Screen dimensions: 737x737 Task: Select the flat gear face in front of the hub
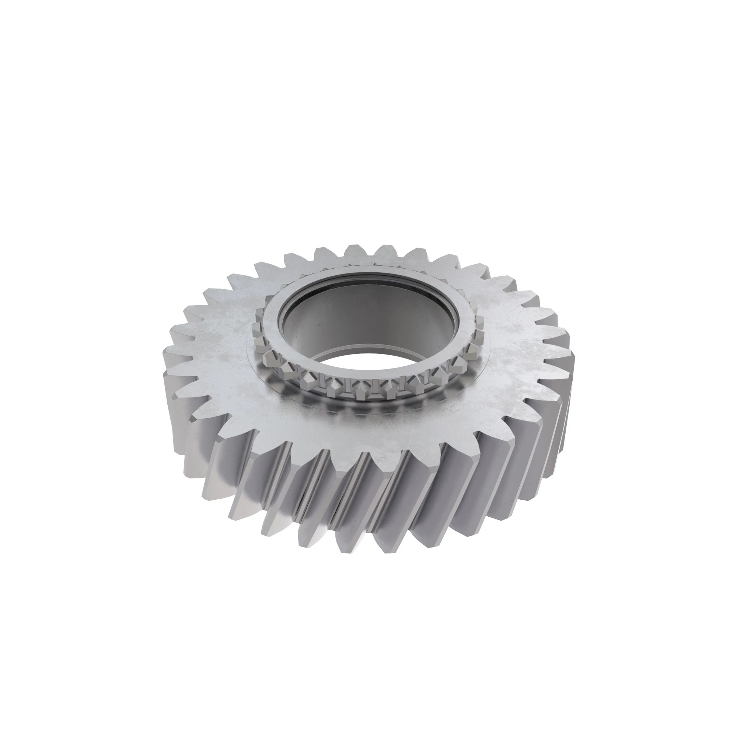[366, 431]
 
